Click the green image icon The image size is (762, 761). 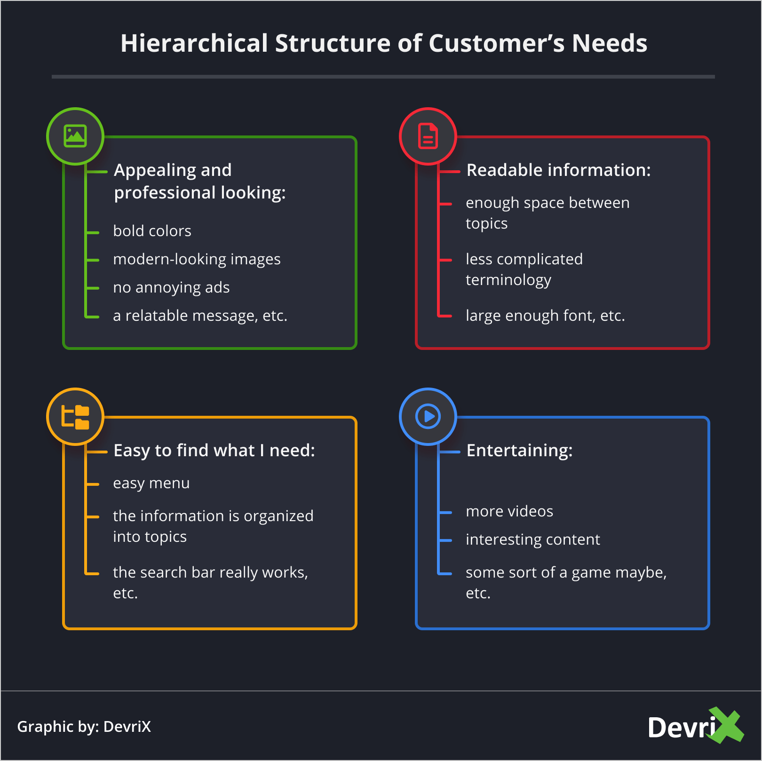pyautogui.click(x=75, y=136)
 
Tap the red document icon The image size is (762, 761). pyautogui.click(x=428, y=136)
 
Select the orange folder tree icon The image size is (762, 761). pyautogui.click(x=75, y=417)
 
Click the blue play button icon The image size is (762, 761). pyautogui.click(x=428, y=417)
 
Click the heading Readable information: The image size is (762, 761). pyautogui.click(x=558, y=170)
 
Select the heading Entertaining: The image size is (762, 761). pyautogui.click(x=519, y=451)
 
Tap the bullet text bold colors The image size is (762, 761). pyautogui.click(x=152, y=231)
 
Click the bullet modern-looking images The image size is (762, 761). pyautogui.click(x=197, y=259)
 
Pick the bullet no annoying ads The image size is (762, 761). pyautogui.click(x=171, y=287)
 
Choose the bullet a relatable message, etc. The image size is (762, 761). pyautogui.click(x=200, y=316)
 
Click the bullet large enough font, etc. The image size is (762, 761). pyautogui.click(x=545, y=316)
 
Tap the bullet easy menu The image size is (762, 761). pyautogui.click(x=151, y=484)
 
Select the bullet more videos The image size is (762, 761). pyautogui.click(x=509, y=511)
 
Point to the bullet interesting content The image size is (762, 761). pyautogui.click(x=532, y=539)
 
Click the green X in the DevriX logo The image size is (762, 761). pyautogui.click(x=727, y=725)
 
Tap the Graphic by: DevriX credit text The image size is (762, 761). pyautogui.click(x=84, y=727)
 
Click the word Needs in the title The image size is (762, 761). pyautogui.click(x=609, y=43)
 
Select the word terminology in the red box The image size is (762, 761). pyautogui.click(x=508, y=280)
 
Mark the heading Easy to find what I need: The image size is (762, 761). pyautogui.click(x=214, y=451)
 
